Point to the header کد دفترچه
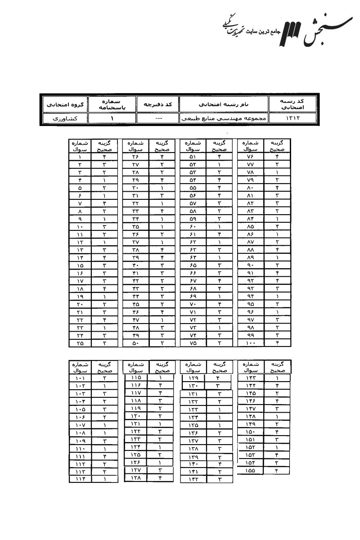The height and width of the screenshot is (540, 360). [x=157, y=104]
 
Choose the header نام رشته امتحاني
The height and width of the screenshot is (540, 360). [x=224, y=104]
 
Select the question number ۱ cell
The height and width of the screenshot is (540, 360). [x=80, y=157]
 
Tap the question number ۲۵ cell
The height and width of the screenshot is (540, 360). [x=80, y=343]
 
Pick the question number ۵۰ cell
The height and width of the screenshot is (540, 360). [x=135, y=343]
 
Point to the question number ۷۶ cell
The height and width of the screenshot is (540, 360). [x=251, y=157]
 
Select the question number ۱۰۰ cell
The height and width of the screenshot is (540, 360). [x=251, y=343]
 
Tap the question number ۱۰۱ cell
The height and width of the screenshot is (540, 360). [x=80, y=378]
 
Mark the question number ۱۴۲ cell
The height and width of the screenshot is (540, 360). [x=193, y=480]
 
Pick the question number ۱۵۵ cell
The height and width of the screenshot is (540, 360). [x=251, y=471]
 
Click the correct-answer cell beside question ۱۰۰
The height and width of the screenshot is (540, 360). [x=277, y=343]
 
